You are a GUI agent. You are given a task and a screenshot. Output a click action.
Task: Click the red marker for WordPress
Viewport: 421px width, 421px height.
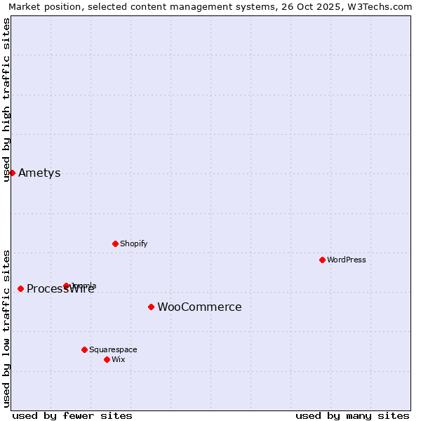pyautogui.click(x=322, y=260)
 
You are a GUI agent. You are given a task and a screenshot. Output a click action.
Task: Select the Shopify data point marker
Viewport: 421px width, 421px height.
pyautogui.click(x=115, y=243)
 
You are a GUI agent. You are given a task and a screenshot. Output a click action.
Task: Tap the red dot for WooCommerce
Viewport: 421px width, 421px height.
pyautogui.click(x=151, y=307)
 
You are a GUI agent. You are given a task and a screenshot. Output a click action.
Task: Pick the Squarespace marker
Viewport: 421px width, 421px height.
pyautogui.click(x=84, y=349)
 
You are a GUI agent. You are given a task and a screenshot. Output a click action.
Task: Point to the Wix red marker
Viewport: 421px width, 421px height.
pyautogui.click(x=107, y=359)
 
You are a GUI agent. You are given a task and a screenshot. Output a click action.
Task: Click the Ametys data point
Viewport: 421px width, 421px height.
pyautogui.click(x=12, y=173)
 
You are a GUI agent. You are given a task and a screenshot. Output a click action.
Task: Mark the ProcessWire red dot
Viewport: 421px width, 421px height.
pyautogui.click(x=20, y=288)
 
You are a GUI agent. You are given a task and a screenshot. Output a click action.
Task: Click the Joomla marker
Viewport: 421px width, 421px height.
pyautogui.click(x=66, y=286)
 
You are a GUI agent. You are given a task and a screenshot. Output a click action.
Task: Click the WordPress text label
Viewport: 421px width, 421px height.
pyautogui.click(x=347, y=260)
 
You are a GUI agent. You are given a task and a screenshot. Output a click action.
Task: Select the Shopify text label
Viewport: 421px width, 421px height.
pyautogui.click(x=133, y=243)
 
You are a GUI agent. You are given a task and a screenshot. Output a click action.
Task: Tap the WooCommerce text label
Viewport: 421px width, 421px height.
pyautogui.click(x=199, y=307)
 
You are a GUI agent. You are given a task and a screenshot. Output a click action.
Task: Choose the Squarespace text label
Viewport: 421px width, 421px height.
pyautogui.click(x=113, y=349)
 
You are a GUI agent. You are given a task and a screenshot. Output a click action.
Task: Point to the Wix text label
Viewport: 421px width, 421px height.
pyautogui.click(x=119, y=359)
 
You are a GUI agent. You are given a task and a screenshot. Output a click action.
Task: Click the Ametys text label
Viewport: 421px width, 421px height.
pyautogui.click(x=39, y=173)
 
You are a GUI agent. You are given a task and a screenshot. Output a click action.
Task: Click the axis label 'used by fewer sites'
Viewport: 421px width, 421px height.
pyautogui.click(x=72, y=415)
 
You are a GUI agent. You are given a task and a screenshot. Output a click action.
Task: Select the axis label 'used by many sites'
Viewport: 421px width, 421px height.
pyautogui.click(x=352, y=415)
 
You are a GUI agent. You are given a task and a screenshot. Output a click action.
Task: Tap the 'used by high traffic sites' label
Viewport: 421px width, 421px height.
pyautogui.click(x=6, y=100)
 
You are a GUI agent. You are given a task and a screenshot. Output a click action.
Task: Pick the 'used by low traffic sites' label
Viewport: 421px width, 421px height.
pyautogui.click(x=6, y=328)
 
